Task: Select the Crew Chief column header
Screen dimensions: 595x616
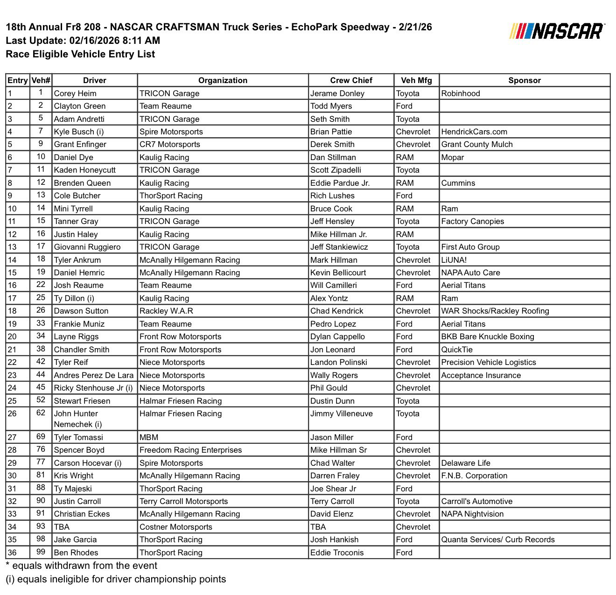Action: [x=351, y=80]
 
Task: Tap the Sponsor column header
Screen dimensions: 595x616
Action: [x=524, y=80]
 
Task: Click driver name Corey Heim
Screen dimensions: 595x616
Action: [x=75, y=93]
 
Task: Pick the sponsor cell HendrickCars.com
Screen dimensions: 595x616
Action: [x=474, y=132]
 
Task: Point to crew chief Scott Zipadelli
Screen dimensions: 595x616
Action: [x=336, y=170]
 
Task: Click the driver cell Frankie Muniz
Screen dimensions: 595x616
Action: [x=79, y=324]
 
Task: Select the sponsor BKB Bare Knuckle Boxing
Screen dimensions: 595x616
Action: [x=488, y=336]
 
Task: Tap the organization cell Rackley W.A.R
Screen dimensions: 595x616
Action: [x=166, y=311]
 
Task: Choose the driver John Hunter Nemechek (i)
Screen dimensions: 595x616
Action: [x=77, y=419]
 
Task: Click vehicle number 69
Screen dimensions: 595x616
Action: [x=41, y=437]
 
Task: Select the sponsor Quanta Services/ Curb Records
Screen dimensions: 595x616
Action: [x=498, y=539]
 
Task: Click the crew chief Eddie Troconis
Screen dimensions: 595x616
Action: [x=337, y=553]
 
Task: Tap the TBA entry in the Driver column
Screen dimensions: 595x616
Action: [x=62, y=527]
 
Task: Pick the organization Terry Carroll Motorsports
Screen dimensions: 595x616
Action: [x=183, y=501]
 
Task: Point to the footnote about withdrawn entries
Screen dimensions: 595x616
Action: [x=81, y=566]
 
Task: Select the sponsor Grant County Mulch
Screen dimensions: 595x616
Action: [x=477, y=144]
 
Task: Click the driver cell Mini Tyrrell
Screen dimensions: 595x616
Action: [x=73, y=209]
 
